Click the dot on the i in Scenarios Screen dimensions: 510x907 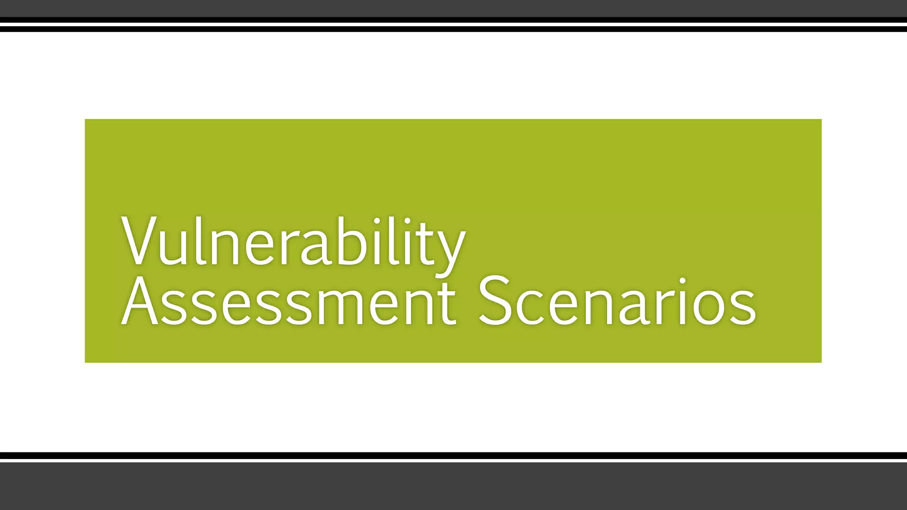(x=682, y=281)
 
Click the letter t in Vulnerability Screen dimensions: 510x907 (x=421, y=244)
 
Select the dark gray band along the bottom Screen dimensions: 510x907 (x=453, y=487)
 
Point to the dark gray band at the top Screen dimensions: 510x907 (x=453, y=8)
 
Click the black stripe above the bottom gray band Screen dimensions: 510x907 (x=453, y=456)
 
